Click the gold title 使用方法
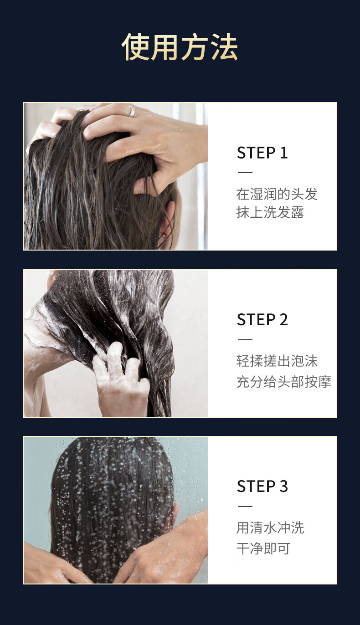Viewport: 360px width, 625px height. coord(180,46)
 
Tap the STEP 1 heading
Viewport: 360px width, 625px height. coord(262,153)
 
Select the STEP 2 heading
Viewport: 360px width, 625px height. coord(262,319)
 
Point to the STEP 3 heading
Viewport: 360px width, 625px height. coord(262,486)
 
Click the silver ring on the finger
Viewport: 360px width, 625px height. coord(131,112)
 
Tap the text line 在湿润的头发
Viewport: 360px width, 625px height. coord(277,194)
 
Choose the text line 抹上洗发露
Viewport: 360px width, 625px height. coord(270,212)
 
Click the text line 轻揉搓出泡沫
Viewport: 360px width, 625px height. coord(277,361)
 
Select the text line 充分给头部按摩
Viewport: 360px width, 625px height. coord(283,382)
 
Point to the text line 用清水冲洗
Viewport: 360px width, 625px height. coord(270,528)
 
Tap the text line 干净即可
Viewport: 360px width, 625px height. coord(263,548)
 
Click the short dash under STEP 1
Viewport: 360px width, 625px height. coord(245,173)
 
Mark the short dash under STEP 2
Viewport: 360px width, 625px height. coord(245,339)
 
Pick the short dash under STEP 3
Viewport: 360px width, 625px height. coord(245,506)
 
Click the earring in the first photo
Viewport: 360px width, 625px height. coord(163,235)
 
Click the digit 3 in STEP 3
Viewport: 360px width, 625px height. coord(283,486)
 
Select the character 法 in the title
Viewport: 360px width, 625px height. coord(224,46)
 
